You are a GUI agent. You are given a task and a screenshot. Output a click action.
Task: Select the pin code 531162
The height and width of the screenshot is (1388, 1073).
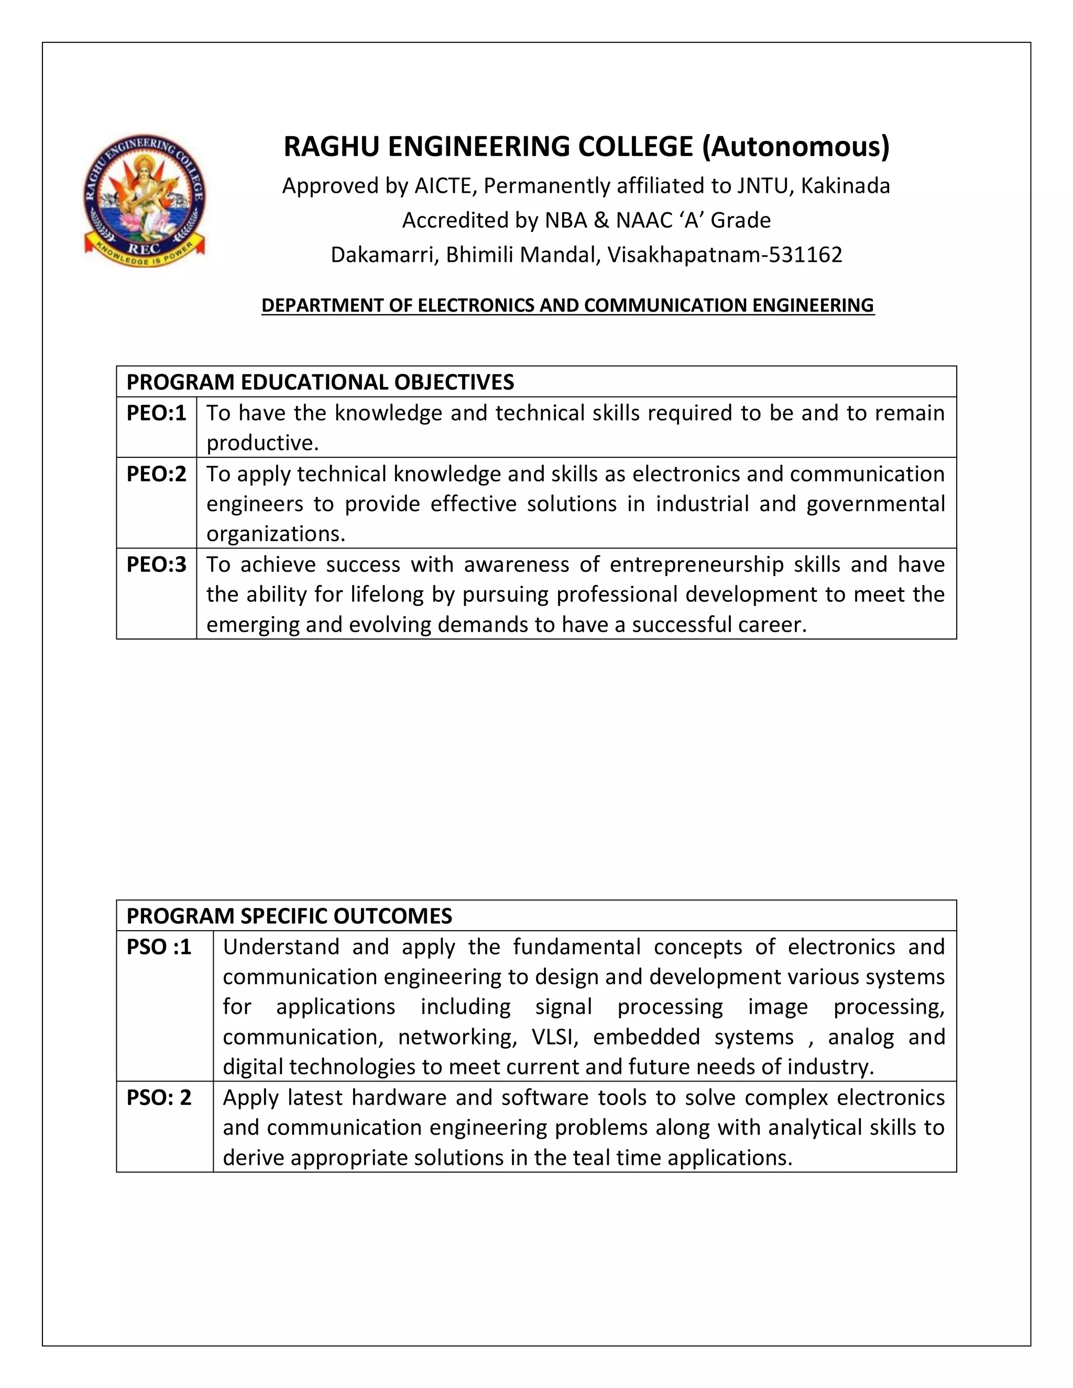point(805,255)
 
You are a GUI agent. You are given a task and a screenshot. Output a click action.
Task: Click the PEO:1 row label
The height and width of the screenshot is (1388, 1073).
point(156,413)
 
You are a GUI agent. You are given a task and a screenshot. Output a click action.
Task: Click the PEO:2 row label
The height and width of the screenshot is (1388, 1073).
point(156,474)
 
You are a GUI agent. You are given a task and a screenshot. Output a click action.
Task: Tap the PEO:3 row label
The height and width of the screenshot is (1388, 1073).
point(156,564)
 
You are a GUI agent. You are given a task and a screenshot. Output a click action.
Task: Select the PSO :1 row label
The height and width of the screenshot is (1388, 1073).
point(159,947)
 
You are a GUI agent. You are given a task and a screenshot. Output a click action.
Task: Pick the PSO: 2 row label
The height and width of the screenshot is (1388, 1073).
point(159,1097)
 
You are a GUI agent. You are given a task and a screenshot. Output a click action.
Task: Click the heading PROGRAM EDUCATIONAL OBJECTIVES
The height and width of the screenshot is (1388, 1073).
point(320,382)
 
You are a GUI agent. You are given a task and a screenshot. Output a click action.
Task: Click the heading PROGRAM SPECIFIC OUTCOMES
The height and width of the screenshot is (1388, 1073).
point(289,916)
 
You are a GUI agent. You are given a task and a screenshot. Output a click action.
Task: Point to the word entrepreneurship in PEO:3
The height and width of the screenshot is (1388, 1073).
point(695,564)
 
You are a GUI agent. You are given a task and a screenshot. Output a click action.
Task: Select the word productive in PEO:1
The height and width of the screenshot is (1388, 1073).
point(261,443)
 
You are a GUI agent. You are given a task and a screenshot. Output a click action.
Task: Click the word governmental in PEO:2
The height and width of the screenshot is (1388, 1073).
point(875,504)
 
